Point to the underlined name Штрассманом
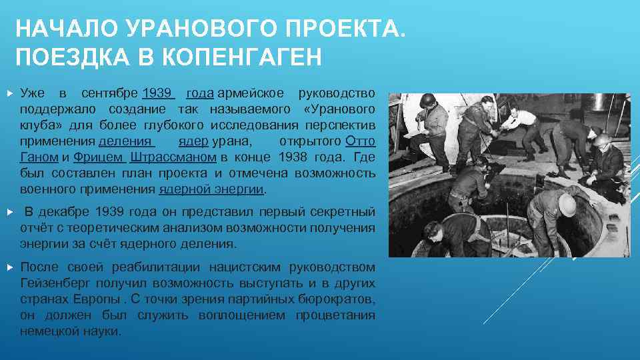(173, 157)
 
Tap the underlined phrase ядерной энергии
(211, 189)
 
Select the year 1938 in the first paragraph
(294, 157)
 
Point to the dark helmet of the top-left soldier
(427, 101)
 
